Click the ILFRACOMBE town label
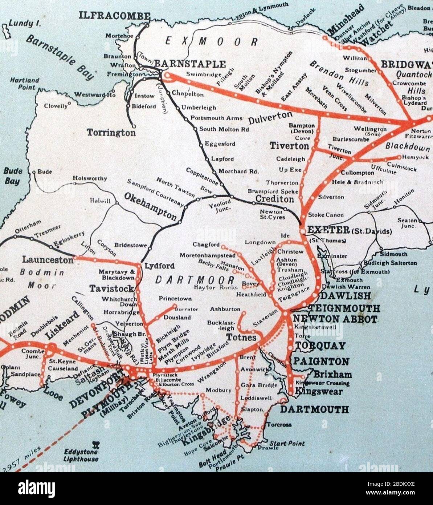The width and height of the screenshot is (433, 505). click(114, 16)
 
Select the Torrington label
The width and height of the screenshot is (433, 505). click(111, 133)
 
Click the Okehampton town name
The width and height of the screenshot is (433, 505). click(151, 206)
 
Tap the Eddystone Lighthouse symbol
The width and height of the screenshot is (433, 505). click(96, 444)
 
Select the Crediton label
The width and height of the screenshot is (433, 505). click(274, 199)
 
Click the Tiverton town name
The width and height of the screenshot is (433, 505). click(289, 146)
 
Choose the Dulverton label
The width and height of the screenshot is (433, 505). click(270, 118)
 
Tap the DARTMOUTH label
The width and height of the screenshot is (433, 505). click(314, 409)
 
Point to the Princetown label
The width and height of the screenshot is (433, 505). click(175, 299)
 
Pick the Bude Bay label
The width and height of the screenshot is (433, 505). click(13, 176)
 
